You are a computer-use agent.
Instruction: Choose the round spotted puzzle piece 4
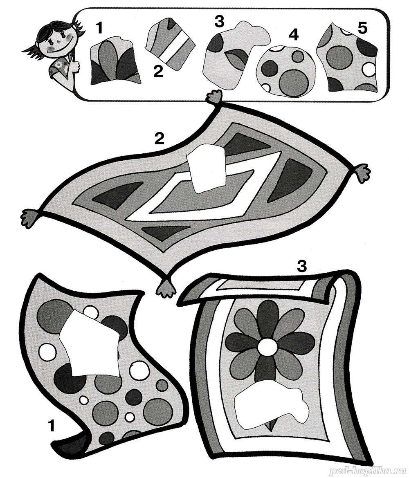[284, 71]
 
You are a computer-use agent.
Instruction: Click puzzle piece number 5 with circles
[347, 58]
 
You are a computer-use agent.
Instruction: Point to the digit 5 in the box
[363, 29]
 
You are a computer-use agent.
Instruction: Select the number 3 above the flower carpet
[301, 266]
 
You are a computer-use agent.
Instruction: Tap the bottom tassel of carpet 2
[166, 287]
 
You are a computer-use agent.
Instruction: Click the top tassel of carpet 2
[215, 97]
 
